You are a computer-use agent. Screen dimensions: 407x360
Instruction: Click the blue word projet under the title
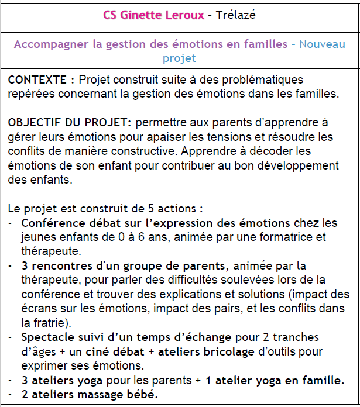[179, 58]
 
